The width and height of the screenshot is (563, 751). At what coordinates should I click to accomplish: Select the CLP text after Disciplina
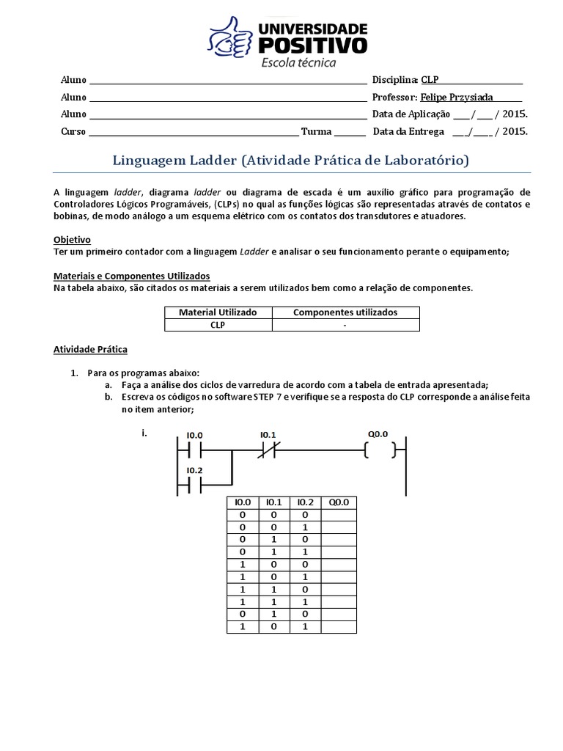[429, 79]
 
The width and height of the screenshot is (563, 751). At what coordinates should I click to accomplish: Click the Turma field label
[317, 132]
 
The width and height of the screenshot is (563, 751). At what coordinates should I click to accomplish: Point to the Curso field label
[73, 132]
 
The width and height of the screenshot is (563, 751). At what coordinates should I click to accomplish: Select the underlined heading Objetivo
[72, 240]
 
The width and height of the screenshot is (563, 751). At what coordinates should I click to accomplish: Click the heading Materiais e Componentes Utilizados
[132, 276]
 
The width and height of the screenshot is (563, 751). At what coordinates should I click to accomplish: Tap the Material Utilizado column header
[218, 312]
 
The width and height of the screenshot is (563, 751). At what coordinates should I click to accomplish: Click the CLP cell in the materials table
[218, 325]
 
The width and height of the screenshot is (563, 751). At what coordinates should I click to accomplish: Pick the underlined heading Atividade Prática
[90, 349]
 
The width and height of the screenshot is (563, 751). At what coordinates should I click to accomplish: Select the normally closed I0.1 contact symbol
[265, 450]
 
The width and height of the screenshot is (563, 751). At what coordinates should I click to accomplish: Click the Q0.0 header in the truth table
[338, 502]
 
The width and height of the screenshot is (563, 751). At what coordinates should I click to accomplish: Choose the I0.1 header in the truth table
[273, 502]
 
